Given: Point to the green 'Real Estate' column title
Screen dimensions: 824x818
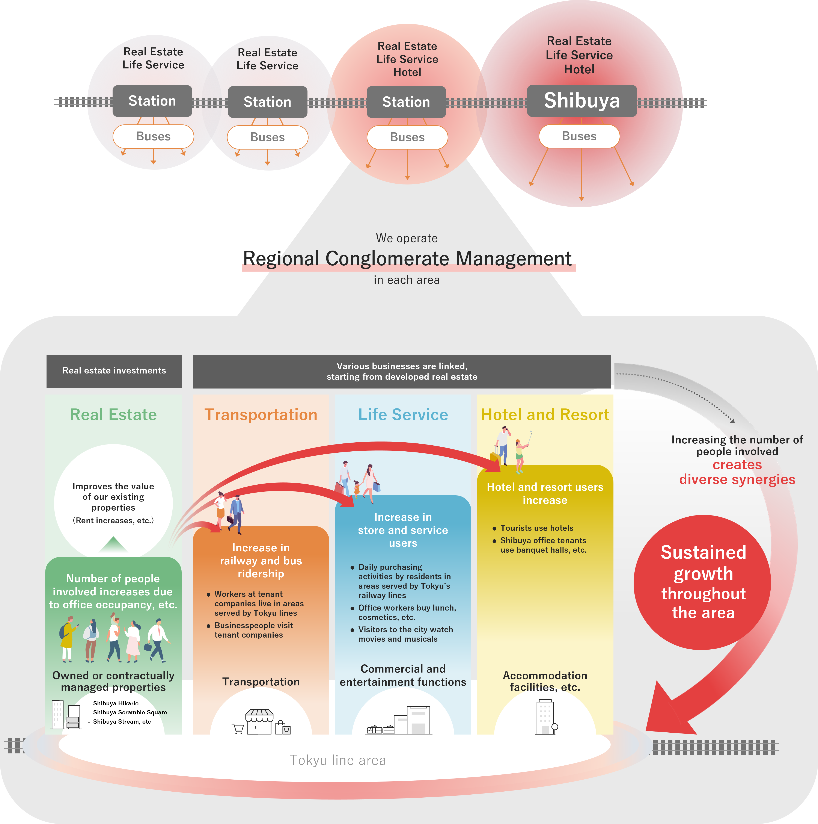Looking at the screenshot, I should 113,414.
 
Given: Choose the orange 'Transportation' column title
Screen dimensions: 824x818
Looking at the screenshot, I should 261,414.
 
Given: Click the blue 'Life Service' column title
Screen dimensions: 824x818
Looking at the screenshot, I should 403,414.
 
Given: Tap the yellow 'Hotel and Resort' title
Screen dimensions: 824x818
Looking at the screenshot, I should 545,414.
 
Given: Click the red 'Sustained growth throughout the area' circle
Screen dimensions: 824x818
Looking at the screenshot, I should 702,582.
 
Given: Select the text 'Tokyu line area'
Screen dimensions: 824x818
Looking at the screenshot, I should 338,760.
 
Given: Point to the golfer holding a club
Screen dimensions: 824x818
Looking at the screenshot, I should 521,454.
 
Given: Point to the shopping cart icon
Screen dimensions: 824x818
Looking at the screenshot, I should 238,729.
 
